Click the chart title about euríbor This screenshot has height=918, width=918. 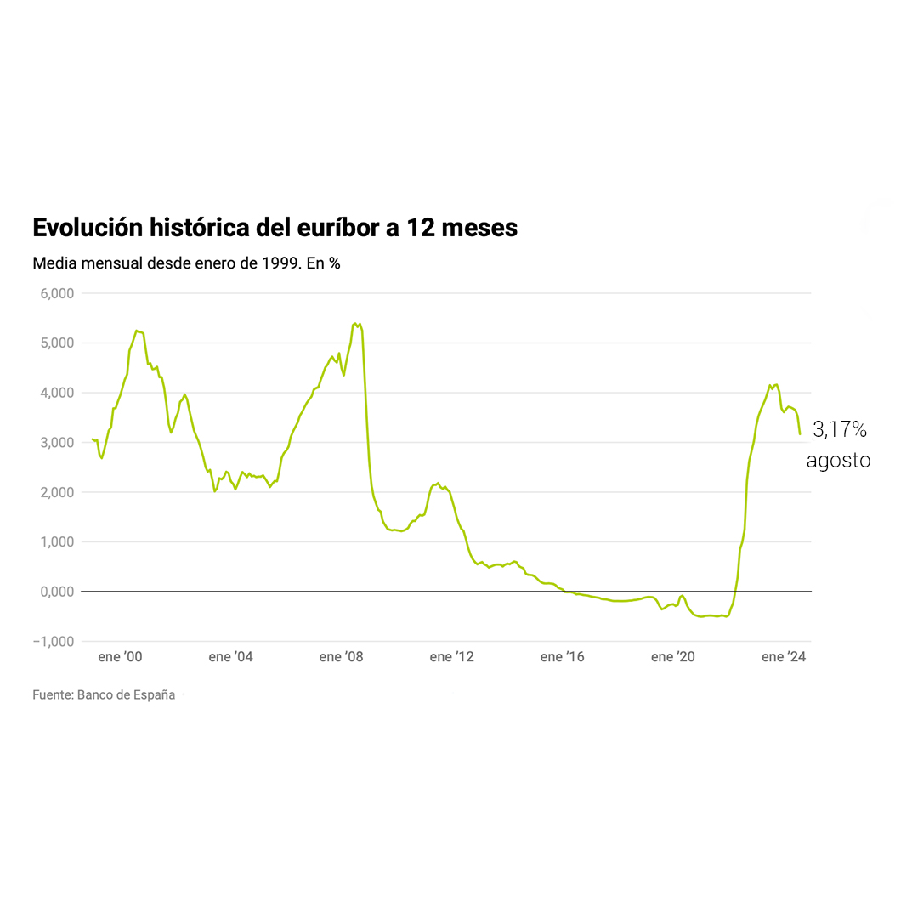click(x=275, y=228)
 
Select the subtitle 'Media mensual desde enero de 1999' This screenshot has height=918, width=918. click(x=186, y=263)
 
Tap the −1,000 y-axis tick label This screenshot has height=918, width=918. click(x=53, y=642)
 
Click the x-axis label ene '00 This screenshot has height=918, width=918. click(x=120, y=657)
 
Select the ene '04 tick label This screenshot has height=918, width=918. click(x=230, y=657)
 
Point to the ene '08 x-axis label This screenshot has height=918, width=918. click(x=341, y=657)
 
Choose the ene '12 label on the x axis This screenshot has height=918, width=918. click(x=451, y=657)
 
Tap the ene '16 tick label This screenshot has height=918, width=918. click(x=562, y=657)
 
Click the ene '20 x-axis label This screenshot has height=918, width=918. click(x=672, y=657)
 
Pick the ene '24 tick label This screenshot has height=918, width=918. click(x=783, y=657)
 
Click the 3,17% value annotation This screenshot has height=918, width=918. click(x=840, y=430)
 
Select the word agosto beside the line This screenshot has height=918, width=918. click(x=838, y=461)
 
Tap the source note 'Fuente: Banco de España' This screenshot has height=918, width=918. click(x=104, y=695)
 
